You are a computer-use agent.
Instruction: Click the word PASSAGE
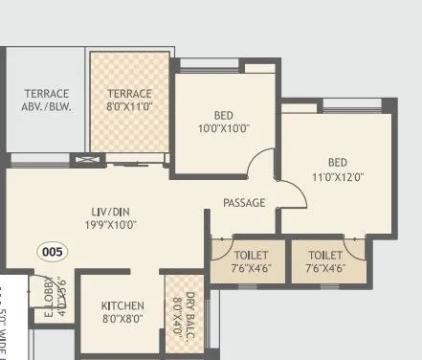point(244,203)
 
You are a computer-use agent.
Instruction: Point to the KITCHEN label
point(122,306)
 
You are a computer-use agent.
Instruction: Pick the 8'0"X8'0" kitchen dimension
point(122,321)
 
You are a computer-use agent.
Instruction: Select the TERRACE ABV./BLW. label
point(46,100)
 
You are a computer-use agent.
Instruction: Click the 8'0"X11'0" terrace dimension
point(130,108)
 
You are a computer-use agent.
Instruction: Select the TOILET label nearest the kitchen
point(250,256)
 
